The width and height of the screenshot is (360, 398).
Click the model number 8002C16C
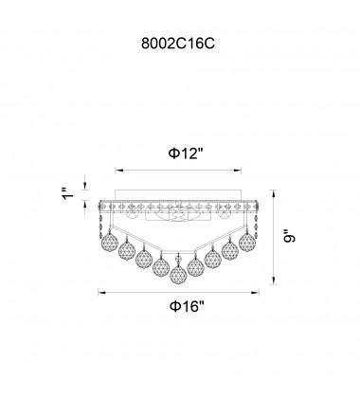tap(178, 44)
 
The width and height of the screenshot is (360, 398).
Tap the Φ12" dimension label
tap(186, 154)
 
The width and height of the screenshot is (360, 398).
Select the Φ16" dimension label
tap(188, 306)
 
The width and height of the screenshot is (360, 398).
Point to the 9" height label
tap(289, 237)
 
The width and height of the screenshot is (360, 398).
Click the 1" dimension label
tap(68, 193)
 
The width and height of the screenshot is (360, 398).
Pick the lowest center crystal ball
tap(178, 275)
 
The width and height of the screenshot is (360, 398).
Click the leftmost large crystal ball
tap(109, 241)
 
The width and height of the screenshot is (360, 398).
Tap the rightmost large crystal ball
tap(247, 242)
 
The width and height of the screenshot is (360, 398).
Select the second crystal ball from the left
tap(127, 249)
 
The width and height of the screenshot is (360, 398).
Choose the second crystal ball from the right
tap(230, 250)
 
